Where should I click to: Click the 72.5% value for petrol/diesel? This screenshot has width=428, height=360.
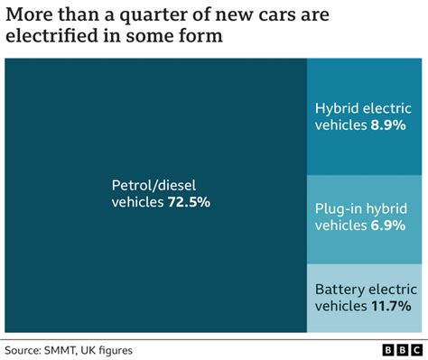pyautogui.click(x=189, y=202)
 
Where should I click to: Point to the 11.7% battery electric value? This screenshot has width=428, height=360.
pyautogui.click(x=395, y=306)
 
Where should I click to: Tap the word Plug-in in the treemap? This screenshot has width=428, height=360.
pyautogui.click(x=340, y=208)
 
